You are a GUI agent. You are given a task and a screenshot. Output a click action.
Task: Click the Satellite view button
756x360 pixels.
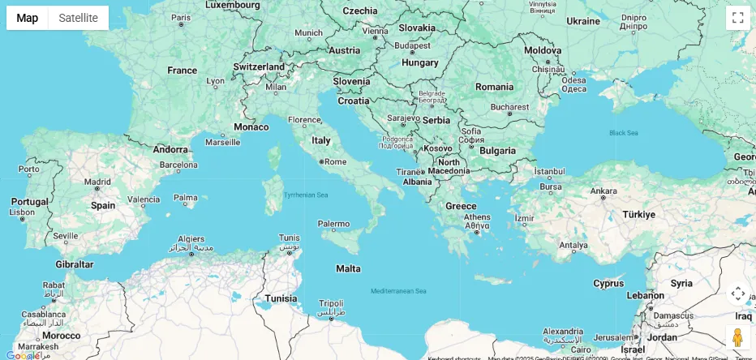78,18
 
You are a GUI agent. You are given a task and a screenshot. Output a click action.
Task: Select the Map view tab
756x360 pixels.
28,18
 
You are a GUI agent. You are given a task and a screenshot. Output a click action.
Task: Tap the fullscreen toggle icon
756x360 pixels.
737,18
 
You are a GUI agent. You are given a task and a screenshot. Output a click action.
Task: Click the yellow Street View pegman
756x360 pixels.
737,336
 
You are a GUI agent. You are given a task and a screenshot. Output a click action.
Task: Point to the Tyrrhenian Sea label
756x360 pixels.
306,195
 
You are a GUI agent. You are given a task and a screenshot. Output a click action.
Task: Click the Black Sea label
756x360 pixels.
623,133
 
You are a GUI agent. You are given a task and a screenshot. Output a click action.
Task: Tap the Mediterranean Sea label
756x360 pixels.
398,290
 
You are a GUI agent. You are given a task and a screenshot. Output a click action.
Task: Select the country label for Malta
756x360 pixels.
348,268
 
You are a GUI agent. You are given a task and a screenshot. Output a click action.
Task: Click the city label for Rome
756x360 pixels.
335,161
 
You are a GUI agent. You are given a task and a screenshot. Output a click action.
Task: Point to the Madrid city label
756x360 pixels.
97,182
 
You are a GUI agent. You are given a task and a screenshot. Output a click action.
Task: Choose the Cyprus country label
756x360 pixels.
608,283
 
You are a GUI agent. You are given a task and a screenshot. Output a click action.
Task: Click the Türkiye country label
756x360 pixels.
638,214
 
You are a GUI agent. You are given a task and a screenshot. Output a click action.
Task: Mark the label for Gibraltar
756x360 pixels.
75,264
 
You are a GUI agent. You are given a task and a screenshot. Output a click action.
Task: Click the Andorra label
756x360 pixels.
170,149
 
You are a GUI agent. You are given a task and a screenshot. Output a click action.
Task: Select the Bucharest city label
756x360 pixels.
509,106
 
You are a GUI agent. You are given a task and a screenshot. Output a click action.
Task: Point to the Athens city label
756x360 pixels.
476,216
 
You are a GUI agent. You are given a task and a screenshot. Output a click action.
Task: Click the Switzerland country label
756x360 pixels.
259,66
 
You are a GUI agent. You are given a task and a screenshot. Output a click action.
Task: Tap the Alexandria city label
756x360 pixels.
562,332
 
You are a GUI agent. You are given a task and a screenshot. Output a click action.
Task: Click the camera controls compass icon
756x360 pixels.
737,294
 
